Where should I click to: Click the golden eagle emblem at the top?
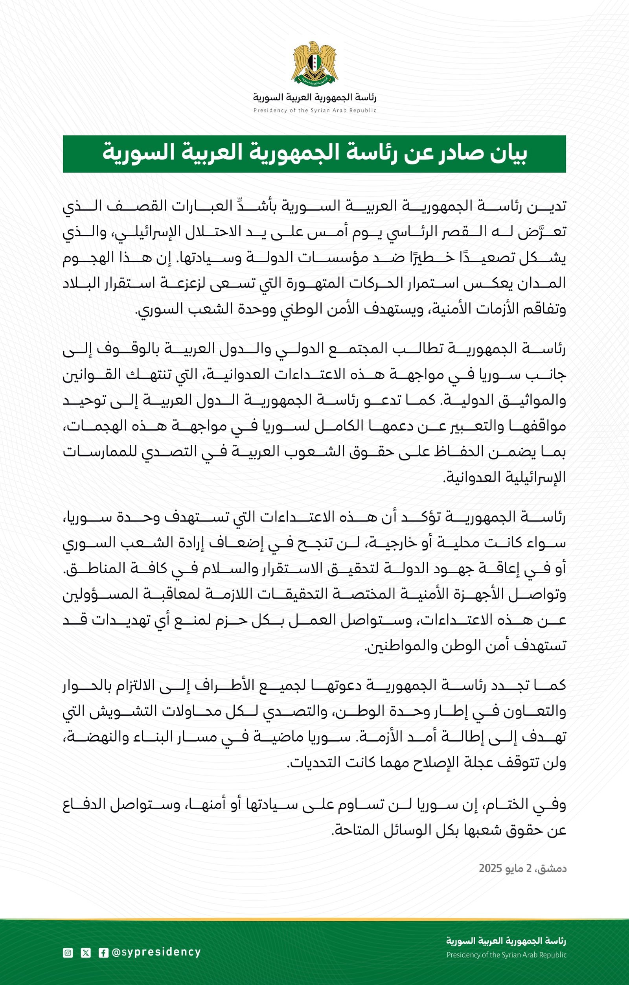tap(314, 63)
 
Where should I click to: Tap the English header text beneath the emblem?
tap(314, 110)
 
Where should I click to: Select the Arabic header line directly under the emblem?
tap(314, 98)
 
